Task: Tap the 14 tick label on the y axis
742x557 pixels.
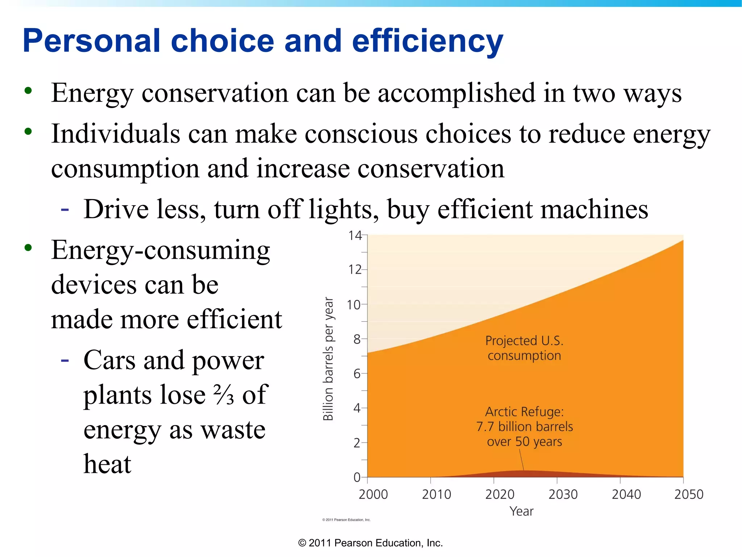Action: coord(355,236)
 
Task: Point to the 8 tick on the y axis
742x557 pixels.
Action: coord(357,339)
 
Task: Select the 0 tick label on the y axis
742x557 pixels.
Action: coord(357,477)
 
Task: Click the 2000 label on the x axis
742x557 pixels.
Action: coord(373,494)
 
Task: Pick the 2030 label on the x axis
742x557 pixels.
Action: coord(563,494)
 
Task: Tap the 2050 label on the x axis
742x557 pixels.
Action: coord(688,494)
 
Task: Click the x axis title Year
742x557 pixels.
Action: coord(521,511)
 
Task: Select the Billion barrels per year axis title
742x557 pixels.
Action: coord(328,359)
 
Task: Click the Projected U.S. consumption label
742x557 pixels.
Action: coord(524,348)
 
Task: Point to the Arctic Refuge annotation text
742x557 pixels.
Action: coord(524,426)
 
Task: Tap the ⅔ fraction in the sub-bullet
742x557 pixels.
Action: coord(224,395)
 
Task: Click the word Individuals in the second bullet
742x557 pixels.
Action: coord(116,134)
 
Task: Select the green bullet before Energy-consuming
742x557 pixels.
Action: coord(28,248)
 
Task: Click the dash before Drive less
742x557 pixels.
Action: coord(65,209)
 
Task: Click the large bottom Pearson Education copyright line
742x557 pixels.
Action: coord(370,543)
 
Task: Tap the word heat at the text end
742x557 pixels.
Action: coord(107,464)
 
